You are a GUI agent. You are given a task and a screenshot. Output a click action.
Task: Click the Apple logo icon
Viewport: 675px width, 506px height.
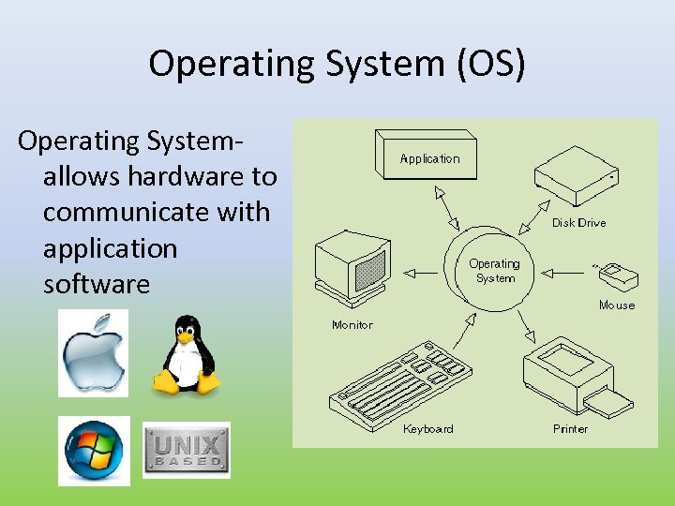(x=93, y=353)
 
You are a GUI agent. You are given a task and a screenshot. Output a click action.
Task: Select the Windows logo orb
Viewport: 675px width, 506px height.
(x=94, y=452)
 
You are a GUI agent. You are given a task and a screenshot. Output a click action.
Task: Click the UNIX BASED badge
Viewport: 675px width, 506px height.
(x=186, y=451)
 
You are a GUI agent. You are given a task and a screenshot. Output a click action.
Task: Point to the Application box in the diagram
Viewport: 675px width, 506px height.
(x=430, y=156)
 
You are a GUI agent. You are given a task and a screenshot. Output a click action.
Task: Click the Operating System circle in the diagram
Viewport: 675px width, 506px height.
(x=494, y=271)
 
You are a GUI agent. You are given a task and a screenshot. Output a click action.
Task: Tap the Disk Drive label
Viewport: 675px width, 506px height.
(x=578, y=223)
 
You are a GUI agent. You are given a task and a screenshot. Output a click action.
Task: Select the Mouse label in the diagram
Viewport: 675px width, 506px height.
(x=617, y=305)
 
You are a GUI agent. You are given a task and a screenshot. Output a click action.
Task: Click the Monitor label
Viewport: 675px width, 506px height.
(x=352, y=325)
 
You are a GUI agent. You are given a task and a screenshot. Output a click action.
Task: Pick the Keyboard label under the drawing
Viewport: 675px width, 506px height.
(x=427, y=429)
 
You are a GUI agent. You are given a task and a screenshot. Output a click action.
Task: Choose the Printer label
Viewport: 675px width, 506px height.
(x=570, y=429)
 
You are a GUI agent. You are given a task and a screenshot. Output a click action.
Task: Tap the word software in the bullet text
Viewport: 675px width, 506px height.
(x=97, y=284)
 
